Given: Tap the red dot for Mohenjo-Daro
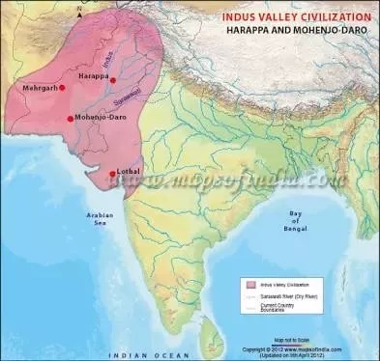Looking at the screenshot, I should [x=70, y=119].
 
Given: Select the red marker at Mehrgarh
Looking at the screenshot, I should [x=62, y=87].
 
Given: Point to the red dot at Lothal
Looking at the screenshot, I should [x=113, y=174].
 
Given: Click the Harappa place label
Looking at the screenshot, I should [x=93, y=75].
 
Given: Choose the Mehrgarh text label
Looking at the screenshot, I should [x=38, y=88].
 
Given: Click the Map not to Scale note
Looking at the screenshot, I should [x=290, y=339].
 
